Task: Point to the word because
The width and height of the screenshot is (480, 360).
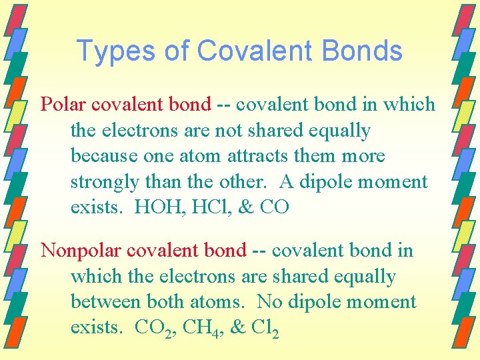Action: [101, 157]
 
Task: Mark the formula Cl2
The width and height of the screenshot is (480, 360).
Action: [263, 328]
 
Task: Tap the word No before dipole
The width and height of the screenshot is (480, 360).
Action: [269, 302]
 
